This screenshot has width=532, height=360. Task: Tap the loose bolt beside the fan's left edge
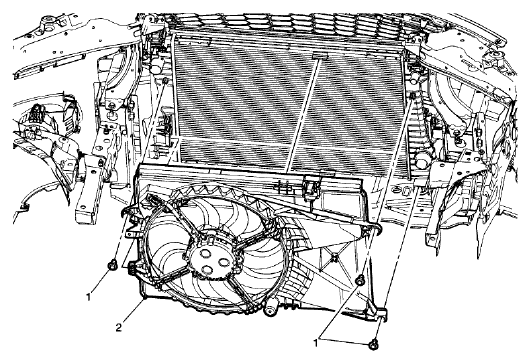pyautogui.click(x=113, y=266)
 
